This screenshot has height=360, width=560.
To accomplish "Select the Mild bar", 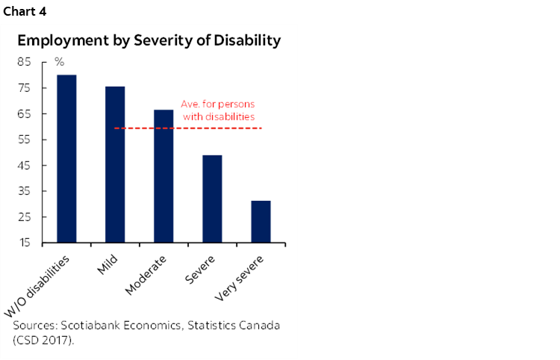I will coord(115,164).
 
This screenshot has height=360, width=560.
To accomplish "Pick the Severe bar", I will coord(212,199).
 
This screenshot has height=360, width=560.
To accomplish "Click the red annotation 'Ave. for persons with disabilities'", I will coord(218,111).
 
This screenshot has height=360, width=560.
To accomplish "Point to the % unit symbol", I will coord(59,61).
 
